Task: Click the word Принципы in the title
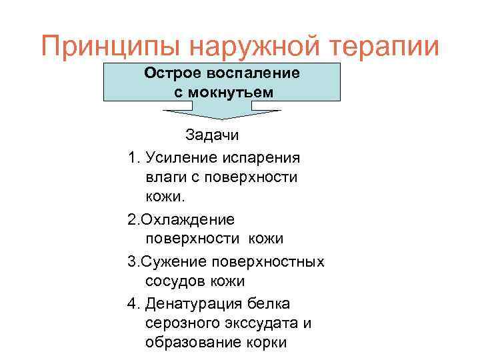pos(109,47)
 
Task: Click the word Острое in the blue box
pos(173,73)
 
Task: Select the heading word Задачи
pos(211,135)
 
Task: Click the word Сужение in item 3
pos(166,261)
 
